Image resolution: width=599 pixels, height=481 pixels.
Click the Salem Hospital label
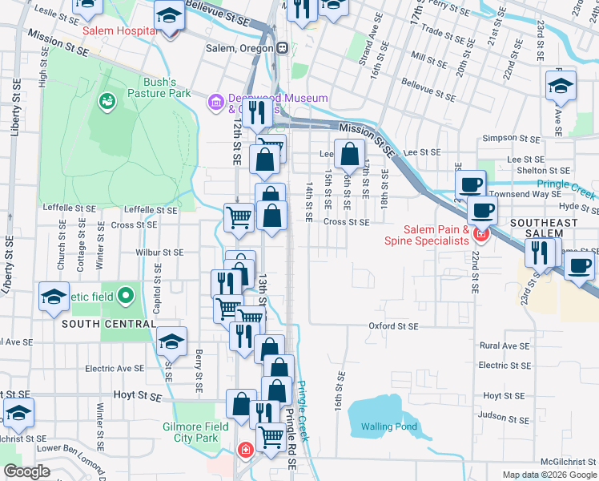pos(119,30)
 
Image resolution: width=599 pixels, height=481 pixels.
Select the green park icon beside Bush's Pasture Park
pos(106,101)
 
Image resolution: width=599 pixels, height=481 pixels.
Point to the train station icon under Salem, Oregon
pos(282,47)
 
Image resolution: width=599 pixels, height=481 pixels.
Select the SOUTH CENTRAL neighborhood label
pos(109,324)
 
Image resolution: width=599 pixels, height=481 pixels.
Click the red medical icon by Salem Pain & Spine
pos(480,234)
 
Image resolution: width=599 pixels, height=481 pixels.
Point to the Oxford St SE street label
pos(393,326)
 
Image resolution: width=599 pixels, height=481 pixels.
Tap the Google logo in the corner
pos(26,471)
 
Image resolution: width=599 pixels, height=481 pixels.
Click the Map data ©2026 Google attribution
pos(549,474)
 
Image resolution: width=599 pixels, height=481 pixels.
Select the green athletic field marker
pos(124,297)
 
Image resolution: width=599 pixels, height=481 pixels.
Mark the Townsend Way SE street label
pos(526,194)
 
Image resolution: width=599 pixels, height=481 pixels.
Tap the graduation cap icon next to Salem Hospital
pos(169,16)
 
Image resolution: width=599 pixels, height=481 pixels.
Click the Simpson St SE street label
pos(511,138)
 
